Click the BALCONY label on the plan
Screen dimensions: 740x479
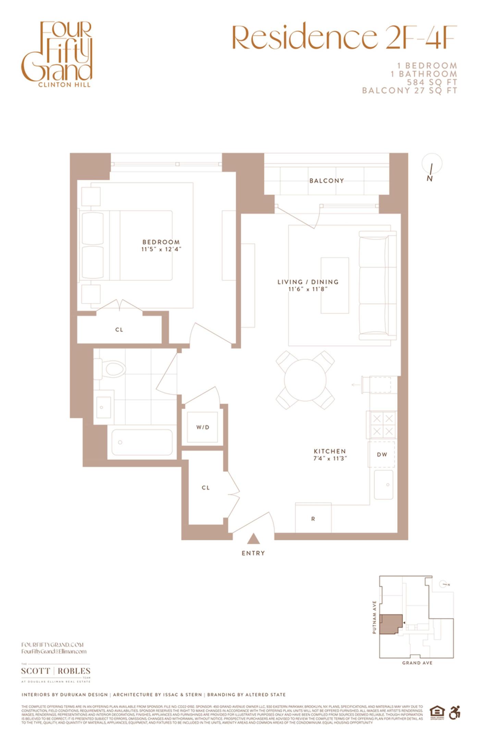pos(326,181)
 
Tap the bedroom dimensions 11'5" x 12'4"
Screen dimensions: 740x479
pos(161,249)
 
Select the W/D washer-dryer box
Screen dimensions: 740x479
pos(202,427)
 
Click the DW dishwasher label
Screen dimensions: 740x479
pos(382,455)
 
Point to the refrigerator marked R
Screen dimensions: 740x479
pos(313,519)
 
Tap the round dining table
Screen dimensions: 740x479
pos(305,380)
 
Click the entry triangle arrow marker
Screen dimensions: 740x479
pos(253,539)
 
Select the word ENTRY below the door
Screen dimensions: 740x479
pos(253,553)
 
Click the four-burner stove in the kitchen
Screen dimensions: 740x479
pos(383,425)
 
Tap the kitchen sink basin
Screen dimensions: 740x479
pos(383,485)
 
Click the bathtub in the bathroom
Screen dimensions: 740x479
pos(142,442)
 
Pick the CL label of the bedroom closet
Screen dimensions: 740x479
pos(119,330)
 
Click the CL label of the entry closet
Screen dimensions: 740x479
pos(206,488)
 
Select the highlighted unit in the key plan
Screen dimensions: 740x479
pos(390,624)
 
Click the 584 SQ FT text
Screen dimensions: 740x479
pos(432,82)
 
